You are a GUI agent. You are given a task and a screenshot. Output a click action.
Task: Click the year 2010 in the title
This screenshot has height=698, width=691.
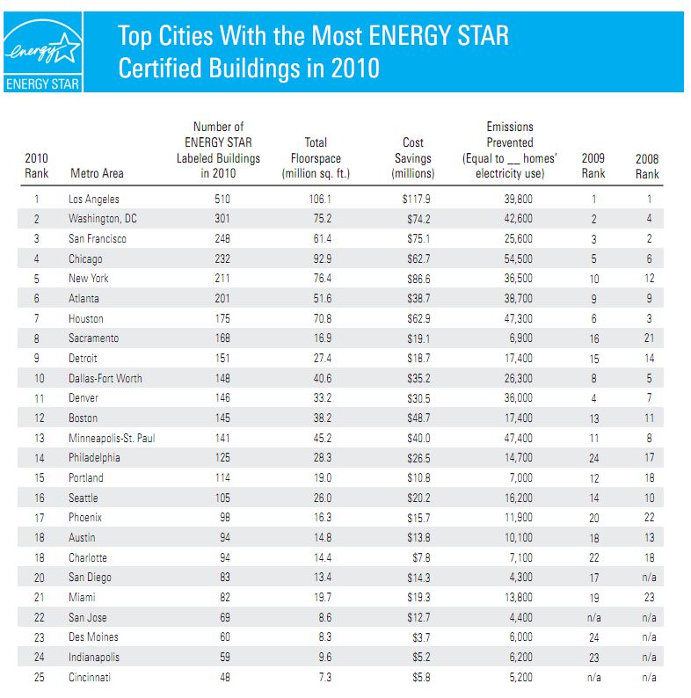[x=358, y=69]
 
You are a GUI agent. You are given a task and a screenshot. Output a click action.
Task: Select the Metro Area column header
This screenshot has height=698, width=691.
[x=96, y=173]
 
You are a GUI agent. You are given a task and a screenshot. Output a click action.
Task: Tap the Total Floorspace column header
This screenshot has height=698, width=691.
[x=316, y=157]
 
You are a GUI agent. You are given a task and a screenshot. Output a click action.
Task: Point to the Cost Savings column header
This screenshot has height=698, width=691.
[x=412, y=157]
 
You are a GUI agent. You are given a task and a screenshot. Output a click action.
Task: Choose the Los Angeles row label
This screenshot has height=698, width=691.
[x=94, y=200]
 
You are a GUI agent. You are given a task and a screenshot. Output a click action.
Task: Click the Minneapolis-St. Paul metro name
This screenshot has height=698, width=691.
[x=112, y=438]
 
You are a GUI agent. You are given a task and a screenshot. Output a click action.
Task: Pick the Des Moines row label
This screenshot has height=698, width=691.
[x=93, y=636]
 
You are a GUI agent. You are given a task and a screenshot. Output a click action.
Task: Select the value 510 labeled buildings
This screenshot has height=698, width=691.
[x=222, y=200]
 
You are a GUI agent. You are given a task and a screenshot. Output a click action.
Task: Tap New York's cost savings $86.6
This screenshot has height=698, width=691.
[x=416, y=279]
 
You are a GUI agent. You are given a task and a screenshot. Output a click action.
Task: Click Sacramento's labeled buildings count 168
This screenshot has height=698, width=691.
[x=222, y=338]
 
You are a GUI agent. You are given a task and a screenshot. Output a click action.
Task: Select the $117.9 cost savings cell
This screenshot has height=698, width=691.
[x=415, y=200]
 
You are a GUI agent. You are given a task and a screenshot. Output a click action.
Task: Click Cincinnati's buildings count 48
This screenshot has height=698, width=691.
[x=223, y=677]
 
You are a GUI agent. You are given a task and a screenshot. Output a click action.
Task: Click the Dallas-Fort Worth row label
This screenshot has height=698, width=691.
[x=105, y=378]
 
